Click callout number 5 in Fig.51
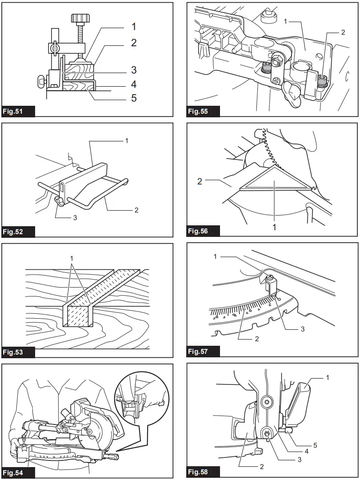[x=133, y=98]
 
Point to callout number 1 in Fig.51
[x=133, y=27]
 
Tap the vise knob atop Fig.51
[x=80, y=18]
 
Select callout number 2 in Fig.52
[x=136, y=210]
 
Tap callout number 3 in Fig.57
[x=302, y=329]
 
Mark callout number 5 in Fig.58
[x=315, y=445]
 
